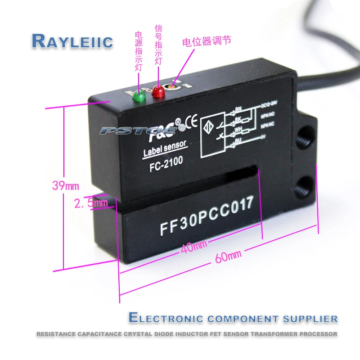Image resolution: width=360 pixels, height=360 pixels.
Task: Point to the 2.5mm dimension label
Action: [91, 203]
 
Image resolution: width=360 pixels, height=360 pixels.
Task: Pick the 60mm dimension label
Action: [228, 255]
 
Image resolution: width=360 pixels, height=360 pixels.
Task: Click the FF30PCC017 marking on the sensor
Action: [204, 216]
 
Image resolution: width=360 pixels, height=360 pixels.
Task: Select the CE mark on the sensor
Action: [191, 121]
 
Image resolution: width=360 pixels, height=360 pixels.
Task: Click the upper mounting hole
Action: [306, 135]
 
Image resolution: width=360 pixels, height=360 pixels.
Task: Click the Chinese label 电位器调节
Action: [207, 41]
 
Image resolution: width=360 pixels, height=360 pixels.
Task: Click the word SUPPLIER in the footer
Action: [310, 319]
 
